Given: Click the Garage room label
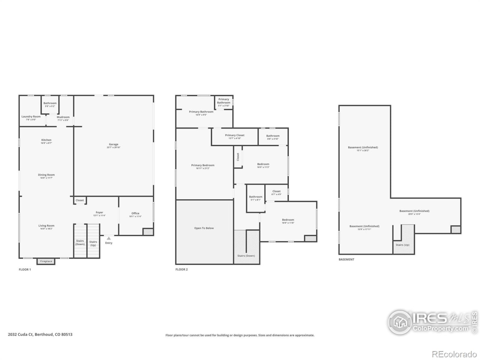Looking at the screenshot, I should [113, 144].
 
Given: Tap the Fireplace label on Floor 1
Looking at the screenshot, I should [46, 261].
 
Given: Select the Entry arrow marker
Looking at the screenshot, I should [108, 238].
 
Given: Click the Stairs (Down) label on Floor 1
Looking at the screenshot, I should [80, 243].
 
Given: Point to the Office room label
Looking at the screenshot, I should [135, 213].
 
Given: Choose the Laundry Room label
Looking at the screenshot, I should [31, 117].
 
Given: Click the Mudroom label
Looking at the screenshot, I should [63, 117].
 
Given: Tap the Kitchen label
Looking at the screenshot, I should [46, 140].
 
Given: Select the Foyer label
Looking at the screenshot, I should [99, 213].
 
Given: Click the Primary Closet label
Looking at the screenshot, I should [235, 135].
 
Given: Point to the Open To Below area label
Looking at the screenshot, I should [204, 228].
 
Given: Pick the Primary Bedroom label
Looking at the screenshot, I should [202, 165].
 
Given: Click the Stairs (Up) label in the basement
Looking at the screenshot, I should [402, 245].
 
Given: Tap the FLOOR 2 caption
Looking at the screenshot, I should [181, 269].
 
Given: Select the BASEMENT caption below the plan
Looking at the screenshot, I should [346, 259].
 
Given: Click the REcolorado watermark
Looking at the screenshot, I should [454, 354].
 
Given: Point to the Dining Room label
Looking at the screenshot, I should [46, 175].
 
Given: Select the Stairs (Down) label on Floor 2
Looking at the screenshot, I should [246, 256].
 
